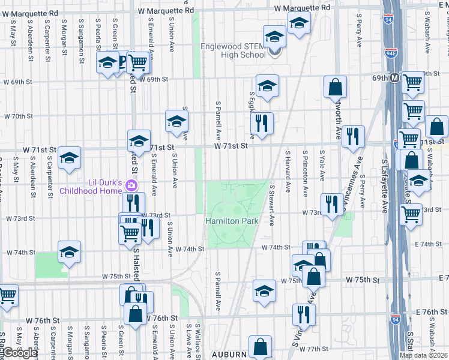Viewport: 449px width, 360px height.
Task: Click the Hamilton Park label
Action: [232, 221]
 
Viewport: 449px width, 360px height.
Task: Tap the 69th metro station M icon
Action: [395, 78]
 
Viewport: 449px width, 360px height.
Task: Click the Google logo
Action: [19, 353]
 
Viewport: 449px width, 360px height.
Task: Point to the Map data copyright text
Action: [423, 355]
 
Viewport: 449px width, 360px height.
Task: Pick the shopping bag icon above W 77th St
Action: [260, 347]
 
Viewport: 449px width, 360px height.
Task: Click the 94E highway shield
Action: [391, 52]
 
